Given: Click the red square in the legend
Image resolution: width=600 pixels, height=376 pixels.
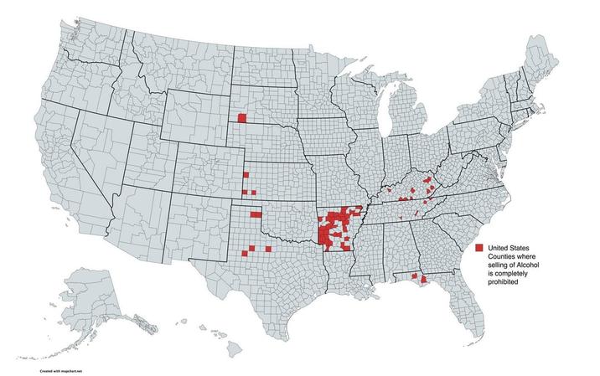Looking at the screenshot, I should coord(478,249).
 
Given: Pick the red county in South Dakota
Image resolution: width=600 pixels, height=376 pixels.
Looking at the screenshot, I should coord(242,118).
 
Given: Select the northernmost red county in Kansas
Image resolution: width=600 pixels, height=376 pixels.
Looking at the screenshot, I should coord(246,174).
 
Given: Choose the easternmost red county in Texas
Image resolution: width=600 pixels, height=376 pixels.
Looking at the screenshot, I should coord(268,249).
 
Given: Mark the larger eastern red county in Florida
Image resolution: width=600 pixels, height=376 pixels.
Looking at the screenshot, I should coord(423,280).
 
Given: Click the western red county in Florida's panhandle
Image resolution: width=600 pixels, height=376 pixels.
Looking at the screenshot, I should coord(414,275).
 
